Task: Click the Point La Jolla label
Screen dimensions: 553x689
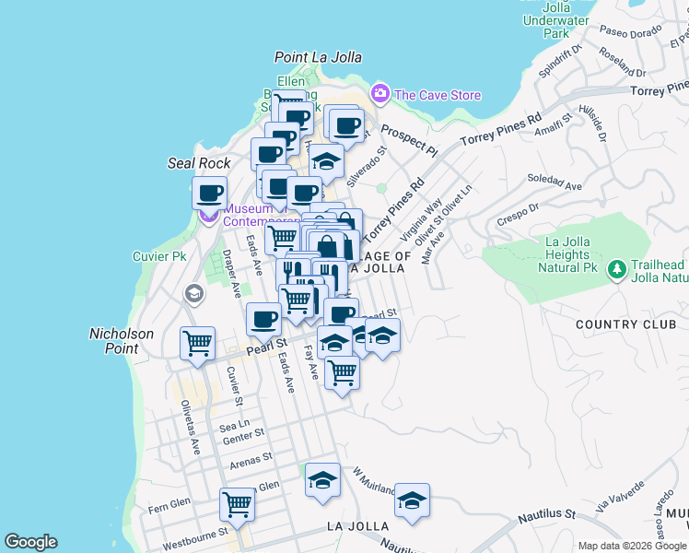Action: pyautogui.click(x=318, y=57)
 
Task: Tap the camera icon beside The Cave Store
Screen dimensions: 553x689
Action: pyautogui.click(x=380, y=94)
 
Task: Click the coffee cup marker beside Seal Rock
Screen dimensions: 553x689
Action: pyautogui.click(x=210, y=194)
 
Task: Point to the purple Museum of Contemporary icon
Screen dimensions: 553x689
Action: pyautogui.click(x=209, y=217)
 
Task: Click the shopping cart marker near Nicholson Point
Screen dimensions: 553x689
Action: pyautogui.click(x=198, y=344)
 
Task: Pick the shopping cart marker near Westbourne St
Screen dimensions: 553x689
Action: pyautogui.click(x=238, y=504)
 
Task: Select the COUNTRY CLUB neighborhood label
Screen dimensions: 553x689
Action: pyautogui.click(x=631, y=324)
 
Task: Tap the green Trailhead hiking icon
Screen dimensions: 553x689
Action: pyautogui.click(x=615, y=269)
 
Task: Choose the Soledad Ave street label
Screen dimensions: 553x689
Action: pyautogui.click(x=555, y=182)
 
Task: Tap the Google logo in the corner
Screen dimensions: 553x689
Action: pyautogui.click(x=30, y=542)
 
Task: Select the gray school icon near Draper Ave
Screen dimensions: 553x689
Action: pyautogui.click(x=193, y=294)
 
